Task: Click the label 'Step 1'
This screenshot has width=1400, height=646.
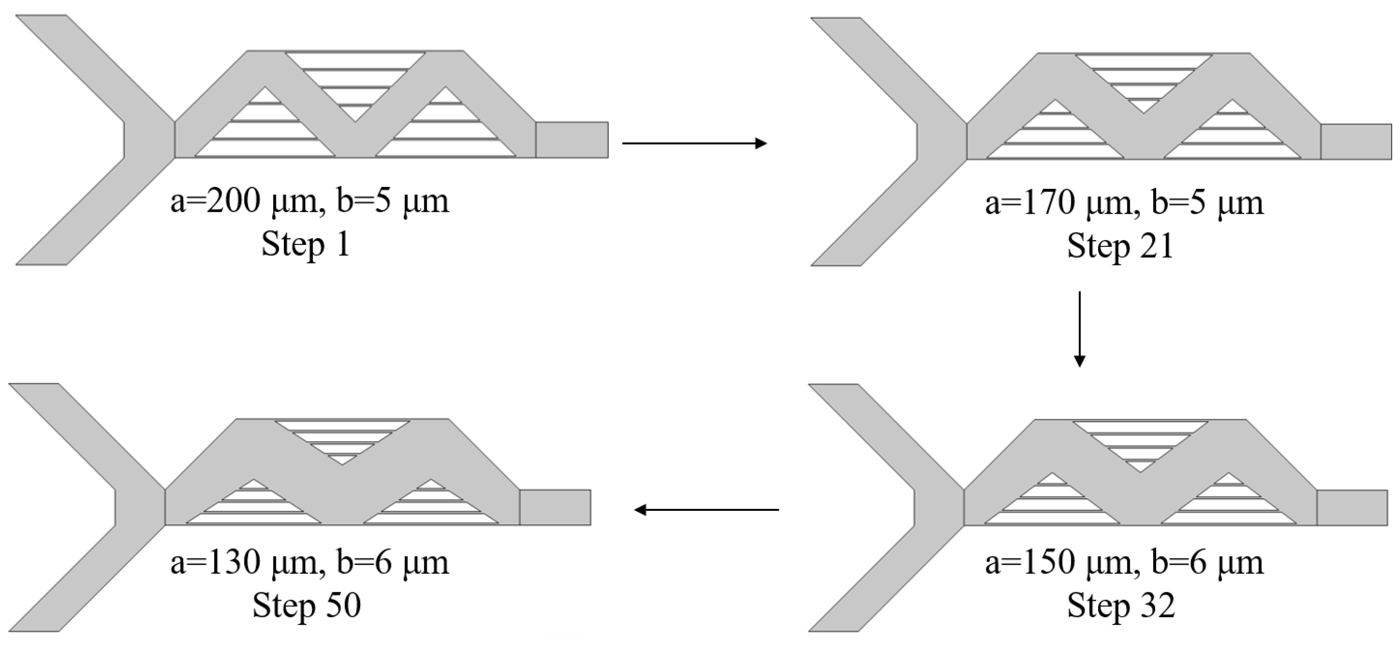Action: [306, 244]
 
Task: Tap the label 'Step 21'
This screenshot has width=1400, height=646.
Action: [1120, 246]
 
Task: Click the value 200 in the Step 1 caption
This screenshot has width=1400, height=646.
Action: [234, 201]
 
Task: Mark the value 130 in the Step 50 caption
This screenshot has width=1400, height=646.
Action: [234, 563]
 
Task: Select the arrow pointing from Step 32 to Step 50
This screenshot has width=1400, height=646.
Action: [706, 509]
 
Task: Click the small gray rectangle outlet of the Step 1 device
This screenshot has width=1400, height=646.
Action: [572, 140]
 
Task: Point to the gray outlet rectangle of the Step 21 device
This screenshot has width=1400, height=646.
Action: [1356, 142]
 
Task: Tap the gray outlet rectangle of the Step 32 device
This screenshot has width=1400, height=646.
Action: [1351, 508]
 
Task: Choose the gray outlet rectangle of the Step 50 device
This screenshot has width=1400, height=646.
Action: [555, 508]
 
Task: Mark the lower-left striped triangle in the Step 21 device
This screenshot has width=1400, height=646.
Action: [1055, 136]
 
